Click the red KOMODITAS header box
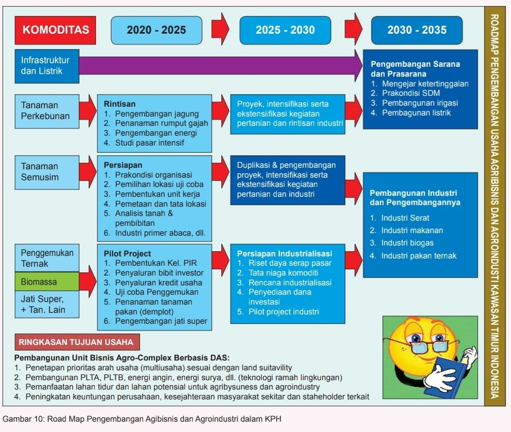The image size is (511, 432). (x=55, y=30)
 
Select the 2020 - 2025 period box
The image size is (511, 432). (x=157, y=30)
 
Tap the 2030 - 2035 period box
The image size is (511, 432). (x=417, y=30)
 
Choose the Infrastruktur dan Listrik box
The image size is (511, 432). (x=47, y=66)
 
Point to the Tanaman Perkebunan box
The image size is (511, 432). (x=47, y=111)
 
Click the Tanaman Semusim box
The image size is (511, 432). (x=47, y=172)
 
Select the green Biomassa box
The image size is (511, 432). (x=47, y=281)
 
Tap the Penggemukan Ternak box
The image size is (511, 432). (x=47, y=258)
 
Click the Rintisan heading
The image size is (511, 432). (x=120, y=104)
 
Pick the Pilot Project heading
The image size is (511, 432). (x=127, y=253)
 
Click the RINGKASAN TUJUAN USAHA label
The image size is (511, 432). (x=77, y=342)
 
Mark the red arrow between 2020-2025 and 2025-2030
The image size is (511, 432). (x=220, y=29)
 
